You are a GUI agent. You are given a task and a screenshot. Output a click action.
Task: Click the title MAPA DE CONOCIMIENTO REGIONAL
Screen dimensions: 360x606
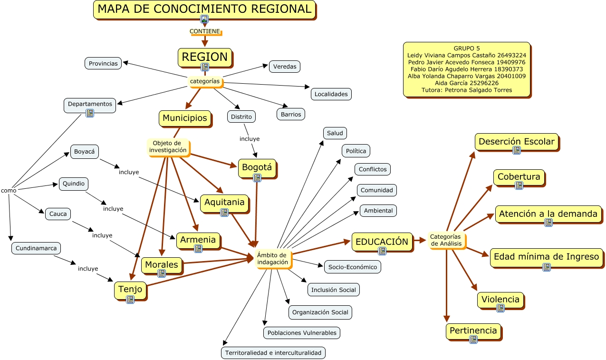204,9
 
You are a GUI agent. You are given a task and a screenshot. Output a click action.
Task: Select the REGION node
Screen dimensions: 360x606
205,57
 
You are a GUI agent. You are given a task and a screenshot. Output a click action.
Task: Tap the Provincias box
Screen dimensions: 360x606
103,63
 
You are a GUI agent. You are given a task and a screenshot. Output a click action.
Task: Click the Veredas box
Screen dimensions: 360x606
285,67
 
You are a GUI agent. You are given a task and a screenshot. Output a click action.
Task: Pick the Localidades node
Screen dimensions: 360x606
331,94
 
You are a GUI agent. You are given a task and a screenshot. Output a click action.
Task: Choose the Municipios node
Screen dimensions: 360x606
185,118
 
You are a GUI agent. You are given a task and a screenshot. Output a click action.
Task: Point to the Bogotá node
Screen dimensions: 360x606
257,167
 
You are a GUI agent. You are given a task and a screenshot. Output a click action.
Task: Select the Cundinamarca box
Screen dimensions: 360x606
36,248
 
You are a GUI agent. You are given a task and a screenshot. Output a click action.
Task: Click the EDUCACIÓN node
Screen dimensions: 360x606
382,242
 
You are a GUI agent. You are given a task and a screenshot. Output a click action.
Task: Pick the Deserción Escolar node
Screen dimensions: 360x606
516,141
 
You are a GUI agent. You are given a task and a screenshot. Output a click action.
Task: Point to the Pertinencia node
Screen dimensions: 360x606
473,331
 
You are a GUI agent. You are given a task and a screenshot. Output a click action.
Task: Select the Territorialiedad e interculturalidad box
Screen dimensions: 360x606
273,353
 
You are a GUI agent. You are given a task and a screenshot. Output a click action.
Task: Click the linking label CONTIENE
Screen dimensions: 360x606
205,31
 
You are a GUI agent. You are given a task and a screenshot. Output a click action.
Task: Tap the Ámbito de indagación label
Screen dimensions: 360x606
272,258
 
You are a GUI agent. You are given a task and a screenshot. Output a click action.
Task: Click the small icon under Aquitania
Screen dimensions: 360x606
224,212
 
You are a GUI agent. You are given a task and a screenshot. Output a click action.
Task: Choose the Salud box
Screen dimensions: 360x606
335,133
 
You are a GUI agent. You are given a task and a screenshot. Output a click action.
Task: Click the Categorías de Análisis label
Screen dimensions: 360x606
445,240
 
